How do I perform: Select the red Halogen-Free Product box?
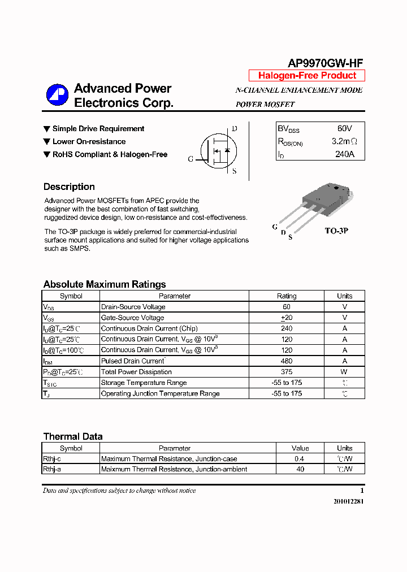pos(307,76)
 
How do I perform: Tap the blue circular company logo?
pos(57,95)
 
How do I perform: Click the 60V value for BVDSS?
pos(344,129)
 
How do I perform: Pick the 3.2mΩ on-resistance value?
pos(344,141)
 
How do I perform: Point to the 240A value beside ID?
pos(344,154)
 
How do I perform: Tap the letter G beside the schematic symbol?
pos(191,159)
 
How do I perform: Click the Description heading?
pos(69,187)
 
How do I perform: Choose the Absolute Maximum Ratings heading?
pos(105,284)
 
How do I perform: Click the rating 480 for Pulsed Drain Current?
pos(287,361)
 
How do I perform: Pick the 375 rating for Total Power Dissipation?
pos(287,372)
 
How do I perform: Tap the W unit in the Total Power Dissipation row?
pos(344,372)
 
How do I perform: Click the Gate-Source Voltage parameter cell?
pos(132,318)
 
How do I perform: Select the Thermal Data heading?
pos(73,436)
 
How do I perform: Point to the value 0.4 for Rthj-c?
pos(300,459)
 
